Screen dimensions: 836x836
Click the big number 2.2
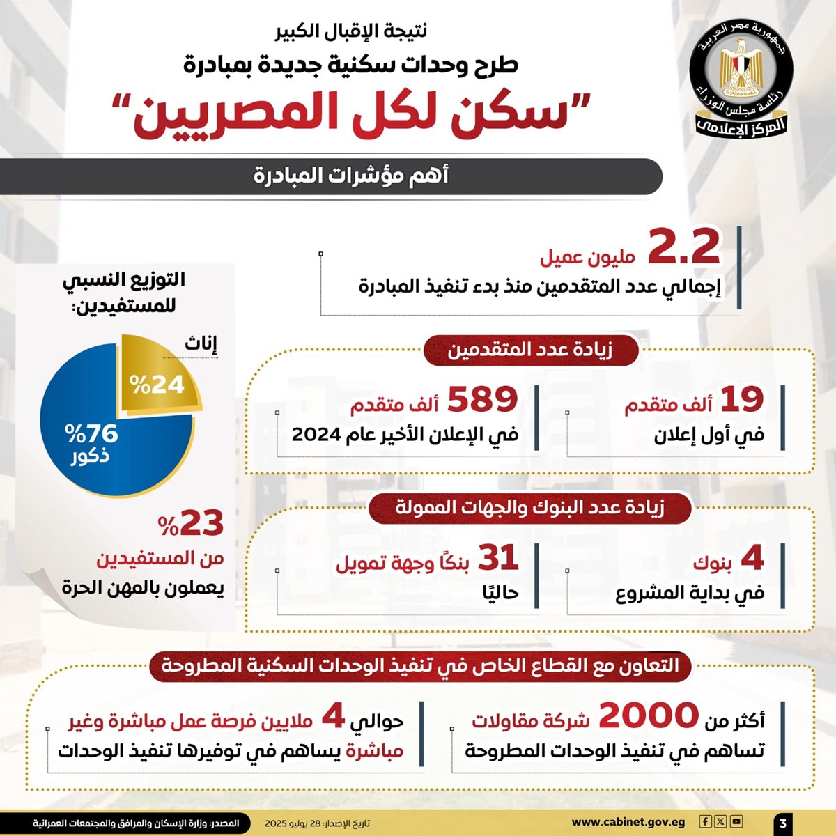pyautogui.click(x=683, y=247)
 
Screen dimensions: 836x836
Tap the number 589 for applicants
pyautogui.click(x=482, y=400)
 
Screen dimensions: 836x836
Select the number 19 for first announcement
pyautogui.click(x=742, y=400)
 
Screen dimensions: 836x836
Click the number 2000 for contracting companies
pyautogui.click(x=649, y=716)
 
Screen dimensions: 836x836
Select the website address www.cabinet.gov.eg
pyautogui.click(x=628, y=823)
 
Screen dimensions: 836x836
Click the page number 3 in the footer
pyautogui.click(x=783, y=823)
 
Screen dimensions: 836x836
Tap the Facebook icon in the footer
pyautogui.click(x=706, y=822)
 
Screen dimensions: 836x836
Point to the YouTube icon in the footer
pyautogui.click(x=736, y=822)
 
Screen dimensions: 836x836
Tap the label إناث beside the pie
pyautogui.click(x=201, y=343)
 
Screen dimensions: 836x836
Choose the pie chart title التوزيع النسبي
pyautogui.click(x=124, y=280)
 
